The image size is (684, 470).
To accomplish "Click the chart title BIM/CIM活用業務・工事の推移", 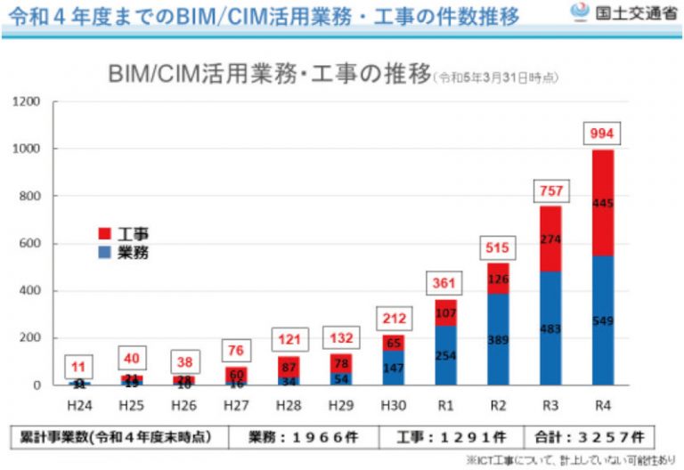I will (x=268, y=75).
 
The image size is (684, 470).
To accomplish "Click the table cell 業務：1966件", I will (x=302, y=437).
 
